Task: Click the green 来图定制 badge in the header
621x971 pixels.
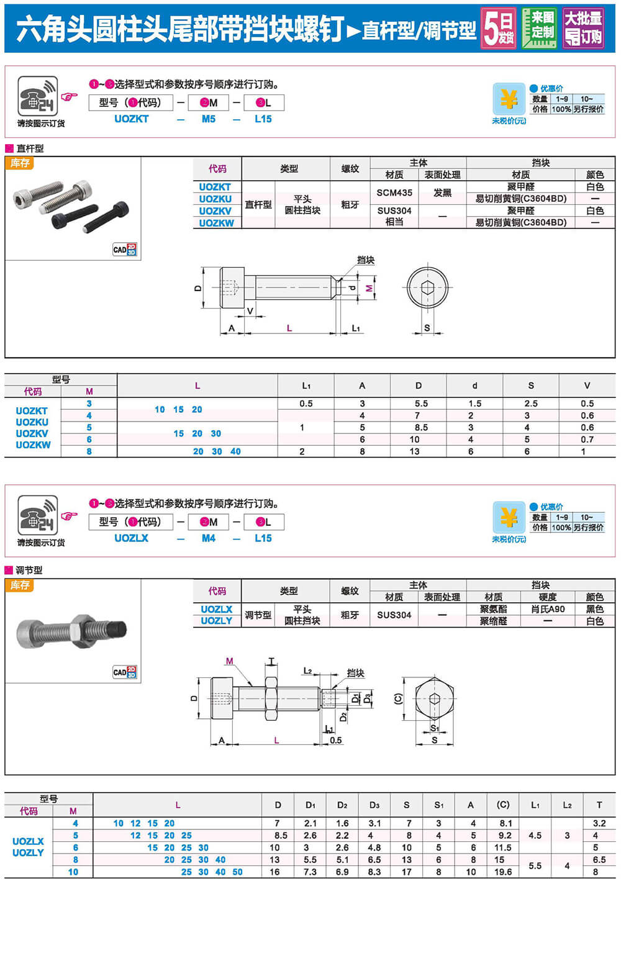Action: click(539, 28)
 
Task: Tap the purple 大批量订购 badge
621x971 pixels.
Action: click(582, 28)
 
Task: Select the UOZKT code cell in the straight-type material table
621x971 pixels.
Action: click(215, 187)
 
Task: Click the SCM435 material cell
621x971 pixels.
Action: click(394, 192)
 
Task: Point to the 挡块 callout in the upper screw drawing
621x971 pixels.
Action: click(366, 260)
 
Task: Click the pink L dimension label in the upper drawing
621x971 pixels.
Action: click(289, 328)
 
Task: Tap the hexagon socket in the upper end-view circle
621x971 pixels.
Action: click(427, 288)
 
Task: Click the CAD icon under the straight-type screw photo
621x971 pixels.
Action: click(124, 250)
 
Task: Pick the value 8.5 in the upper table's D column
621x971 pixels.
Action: click(420, 428)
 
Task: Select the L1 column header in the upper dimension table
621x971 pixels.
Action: click(306, 386)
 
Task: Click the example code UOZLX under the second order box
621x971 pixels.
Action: click(132, 538)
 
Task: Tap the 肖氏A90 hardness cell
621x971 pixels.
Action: click(548, 609)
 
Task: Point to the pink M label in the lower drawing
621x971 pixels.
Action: click(230, 661)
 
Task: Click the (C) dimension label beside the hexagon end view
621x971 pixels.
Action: click(398, 698)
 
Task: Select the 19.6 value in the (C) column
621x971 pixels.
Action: click(503, 872)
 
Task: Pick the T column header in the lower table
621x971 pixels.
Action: click(599, 805)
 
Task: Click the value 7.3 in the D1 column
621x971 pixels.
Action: click(310, 872)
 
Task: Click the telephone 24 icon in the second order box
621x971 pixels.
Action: click(38, 515)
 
